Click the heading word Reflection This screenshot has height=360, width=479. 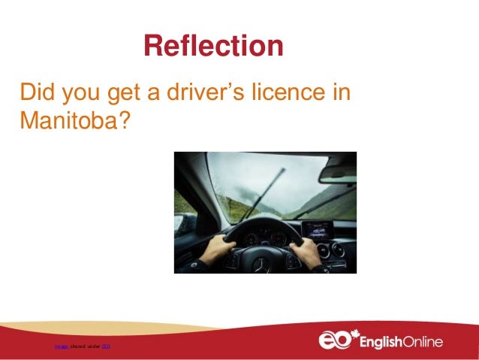click(213, 47)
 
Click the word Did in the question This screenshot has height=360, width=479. click(38, 95)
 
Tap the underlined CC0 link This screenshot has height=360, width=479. click(106, 346)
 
